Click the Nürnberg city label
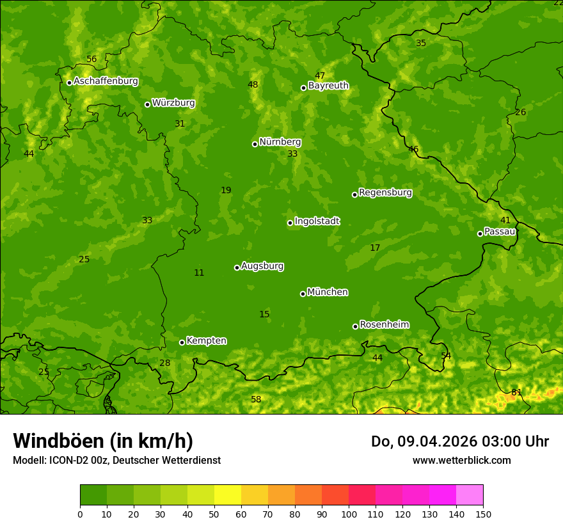click(x=280, y=142)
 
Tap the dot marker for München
click(x=303, y=294)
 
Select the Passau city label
click(x=500, y=232)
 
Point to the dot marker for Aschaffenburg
click(x=69, y=83)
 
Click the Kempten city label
click(x=206, y=341)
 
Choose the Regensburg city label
click(x=385, y=193)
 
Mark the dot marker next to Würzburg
click(x=147, y=104)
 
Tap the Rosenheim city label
click(x=384, y=325)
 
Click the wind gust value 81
click(x=516, y=392)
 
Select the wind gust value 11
click(x=199, y=273)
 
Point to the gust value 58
click(x=256, y=399)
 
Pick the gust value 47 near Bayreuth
click(x=320, y=75)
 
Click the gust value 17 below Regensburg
click(x=375, y=248)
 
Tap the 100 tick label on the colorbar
click(x=349, y=514)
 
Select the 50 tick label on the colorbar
click(x=214, y=514)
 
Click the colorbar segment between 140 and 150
click(x=470, y=495)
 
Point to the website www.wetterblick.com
click(x=461, y=460)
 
